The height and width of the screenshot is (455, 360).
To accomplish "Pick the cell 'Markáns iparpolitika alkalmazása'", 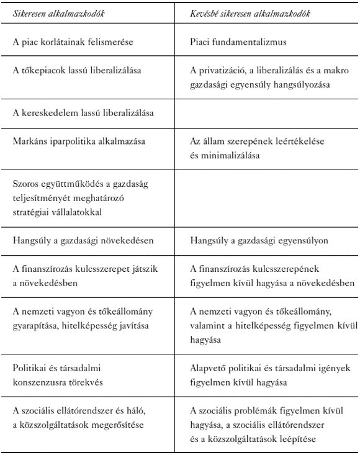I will (x=78, y=141).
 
